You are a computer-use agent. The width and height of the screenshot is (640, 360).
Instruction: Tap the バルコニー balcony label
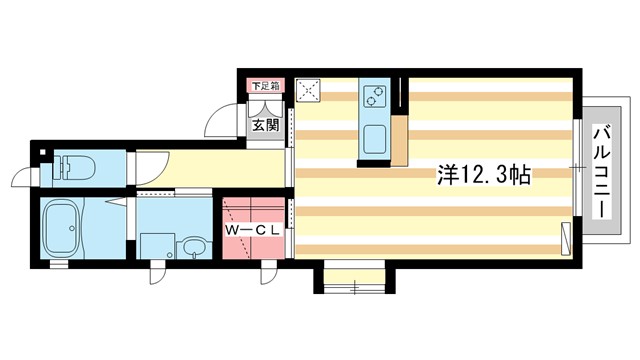point(604,173)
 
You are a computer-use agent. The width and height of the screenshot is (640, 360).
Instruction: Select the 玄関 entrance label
point(265,126)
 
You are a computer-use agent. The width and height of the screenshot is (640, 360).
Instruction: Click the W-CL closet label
point(253,231)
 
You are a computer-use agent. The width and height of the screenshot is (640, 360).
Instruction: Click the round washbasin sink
point(192,245)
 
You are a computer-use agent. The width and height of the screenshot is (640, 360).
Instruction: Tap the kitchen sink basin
point(376,138)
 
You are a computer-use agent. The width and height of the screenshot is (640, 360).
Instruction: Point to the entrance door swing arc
point(221,125)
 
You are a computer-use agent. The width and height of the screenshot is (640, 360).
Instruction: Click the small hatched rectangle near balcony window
point(567,238)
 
